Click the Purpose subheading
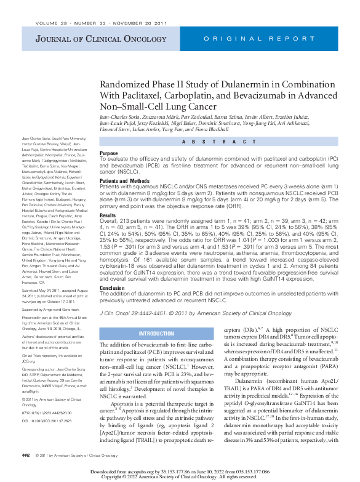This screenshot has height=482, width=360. [109, 153]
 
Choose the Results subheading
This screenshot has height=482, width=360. [108, 215]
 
